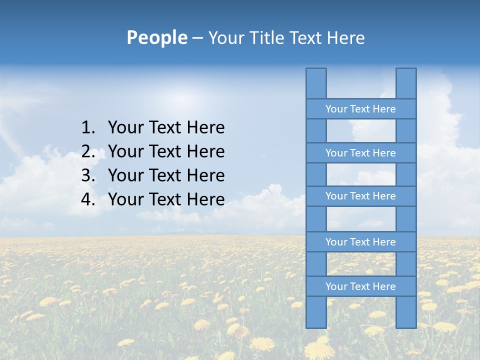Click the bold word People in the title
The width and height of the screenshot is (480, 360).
click(156, 37)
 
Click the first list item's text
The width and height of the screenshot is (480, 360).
click(166, 127)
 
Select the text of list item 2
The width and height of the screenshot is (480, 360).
click(166, 151)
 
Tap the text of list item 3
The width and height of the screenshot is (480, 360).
click(166, 175)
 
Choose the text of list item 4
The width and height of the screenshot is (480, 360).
click(166, 199)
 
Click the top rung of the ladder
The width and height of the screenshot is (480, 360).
click(360, 109)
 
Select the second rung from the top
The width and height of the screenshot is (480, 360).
click(360, 153)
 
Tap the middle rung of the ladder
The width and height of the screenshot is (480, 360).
click(360, 196)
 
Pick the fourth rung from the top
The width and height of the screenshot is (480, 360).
click(360, 242)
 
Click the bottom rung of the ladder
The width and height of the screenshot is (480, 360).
click(360, 286)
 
